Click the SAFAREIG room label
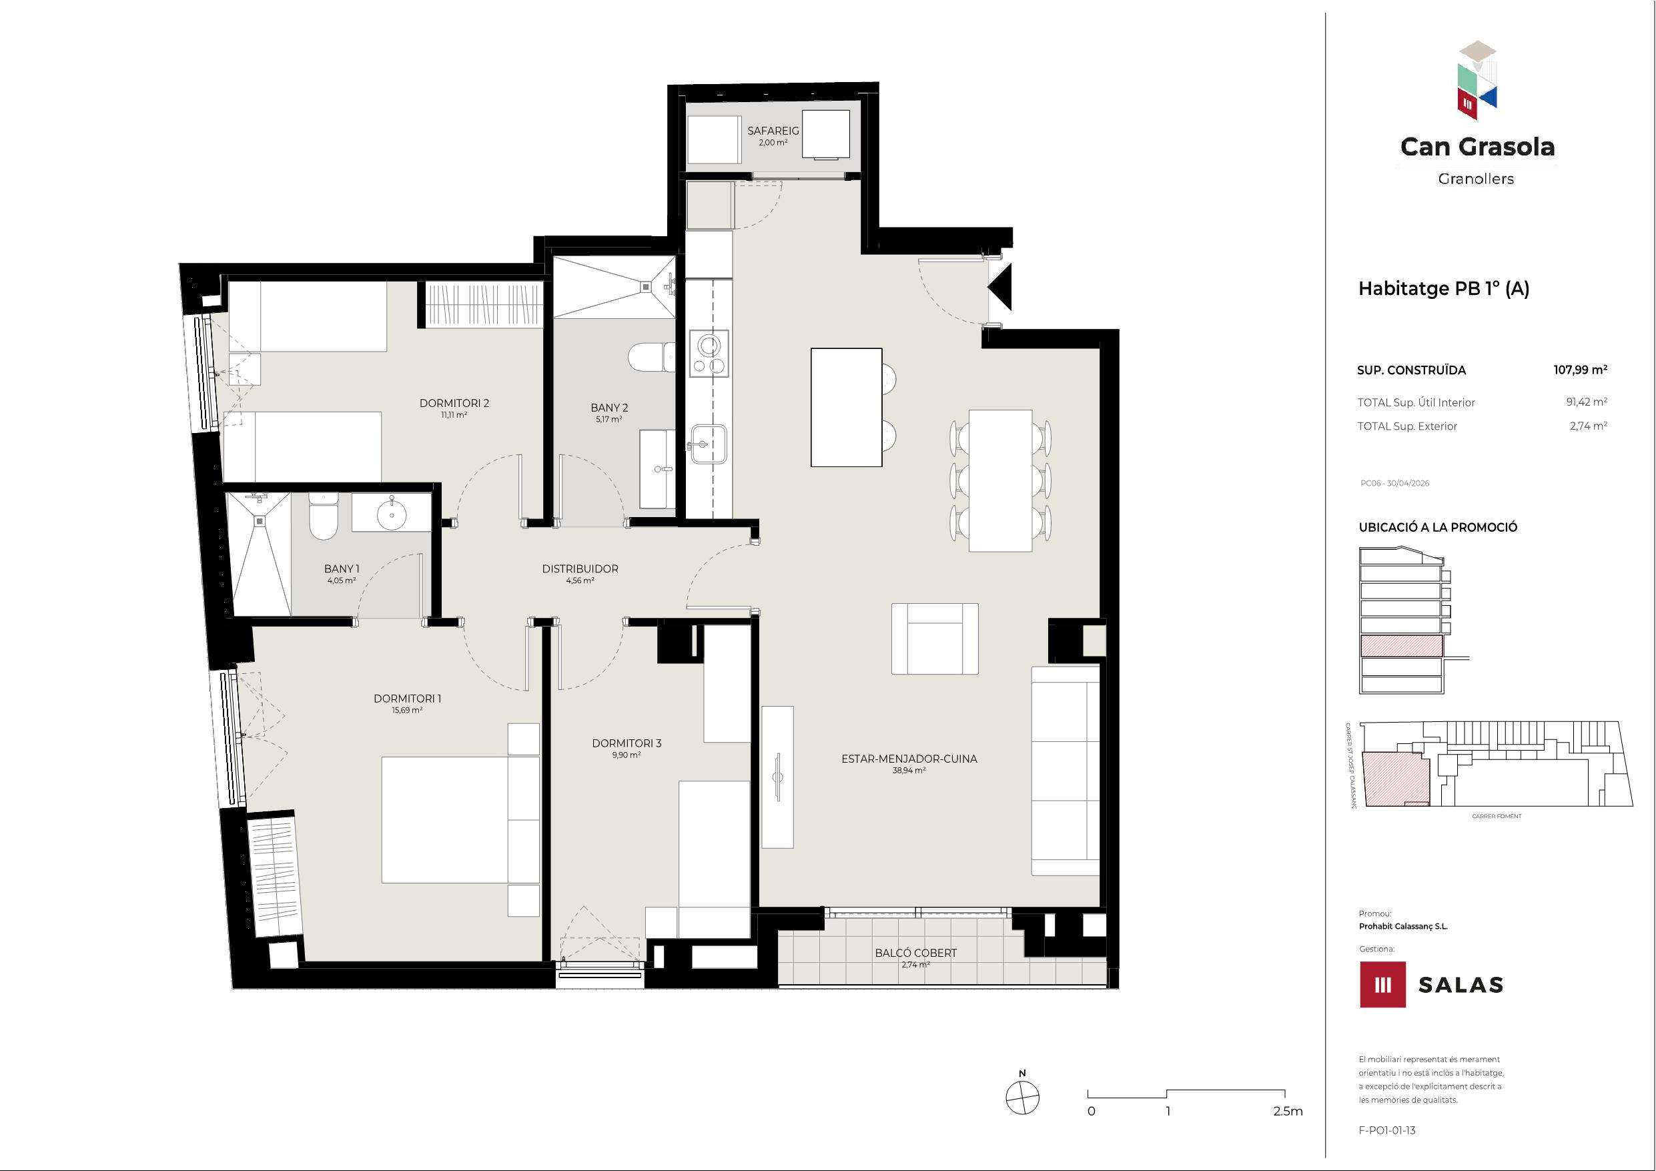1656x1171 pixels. (773, 131)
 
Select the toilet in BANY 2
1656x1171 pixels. (651, 356)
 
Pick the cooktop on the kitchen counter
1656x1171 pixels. (709, 354)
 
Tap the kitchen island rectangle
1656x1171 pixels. (846, 407)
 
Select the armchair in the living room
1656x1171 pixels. (935, 639)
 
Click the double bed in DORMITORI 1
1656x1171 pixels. (460, 819)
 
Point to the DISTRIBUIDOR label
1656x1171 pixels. (580, 568)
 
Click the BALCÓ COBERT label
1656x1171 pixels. (915, 952)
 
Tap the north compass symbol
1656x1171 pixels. (1022, 1098)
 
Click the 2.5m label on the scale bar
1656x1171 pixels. (1288, 1111)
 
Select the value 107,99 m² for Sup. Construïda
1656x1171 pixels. (1580, 370)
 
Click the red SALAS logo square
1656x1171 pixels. (1382, 984)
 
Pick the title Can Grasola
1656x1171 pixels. (1477, 147)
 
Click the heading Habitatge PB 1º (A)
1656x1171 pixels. (1444, 289)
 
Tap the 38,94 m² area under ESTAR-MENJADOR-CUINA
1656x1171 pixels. (909, 771)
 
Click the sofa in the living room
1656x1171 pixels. (1066, 771)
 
